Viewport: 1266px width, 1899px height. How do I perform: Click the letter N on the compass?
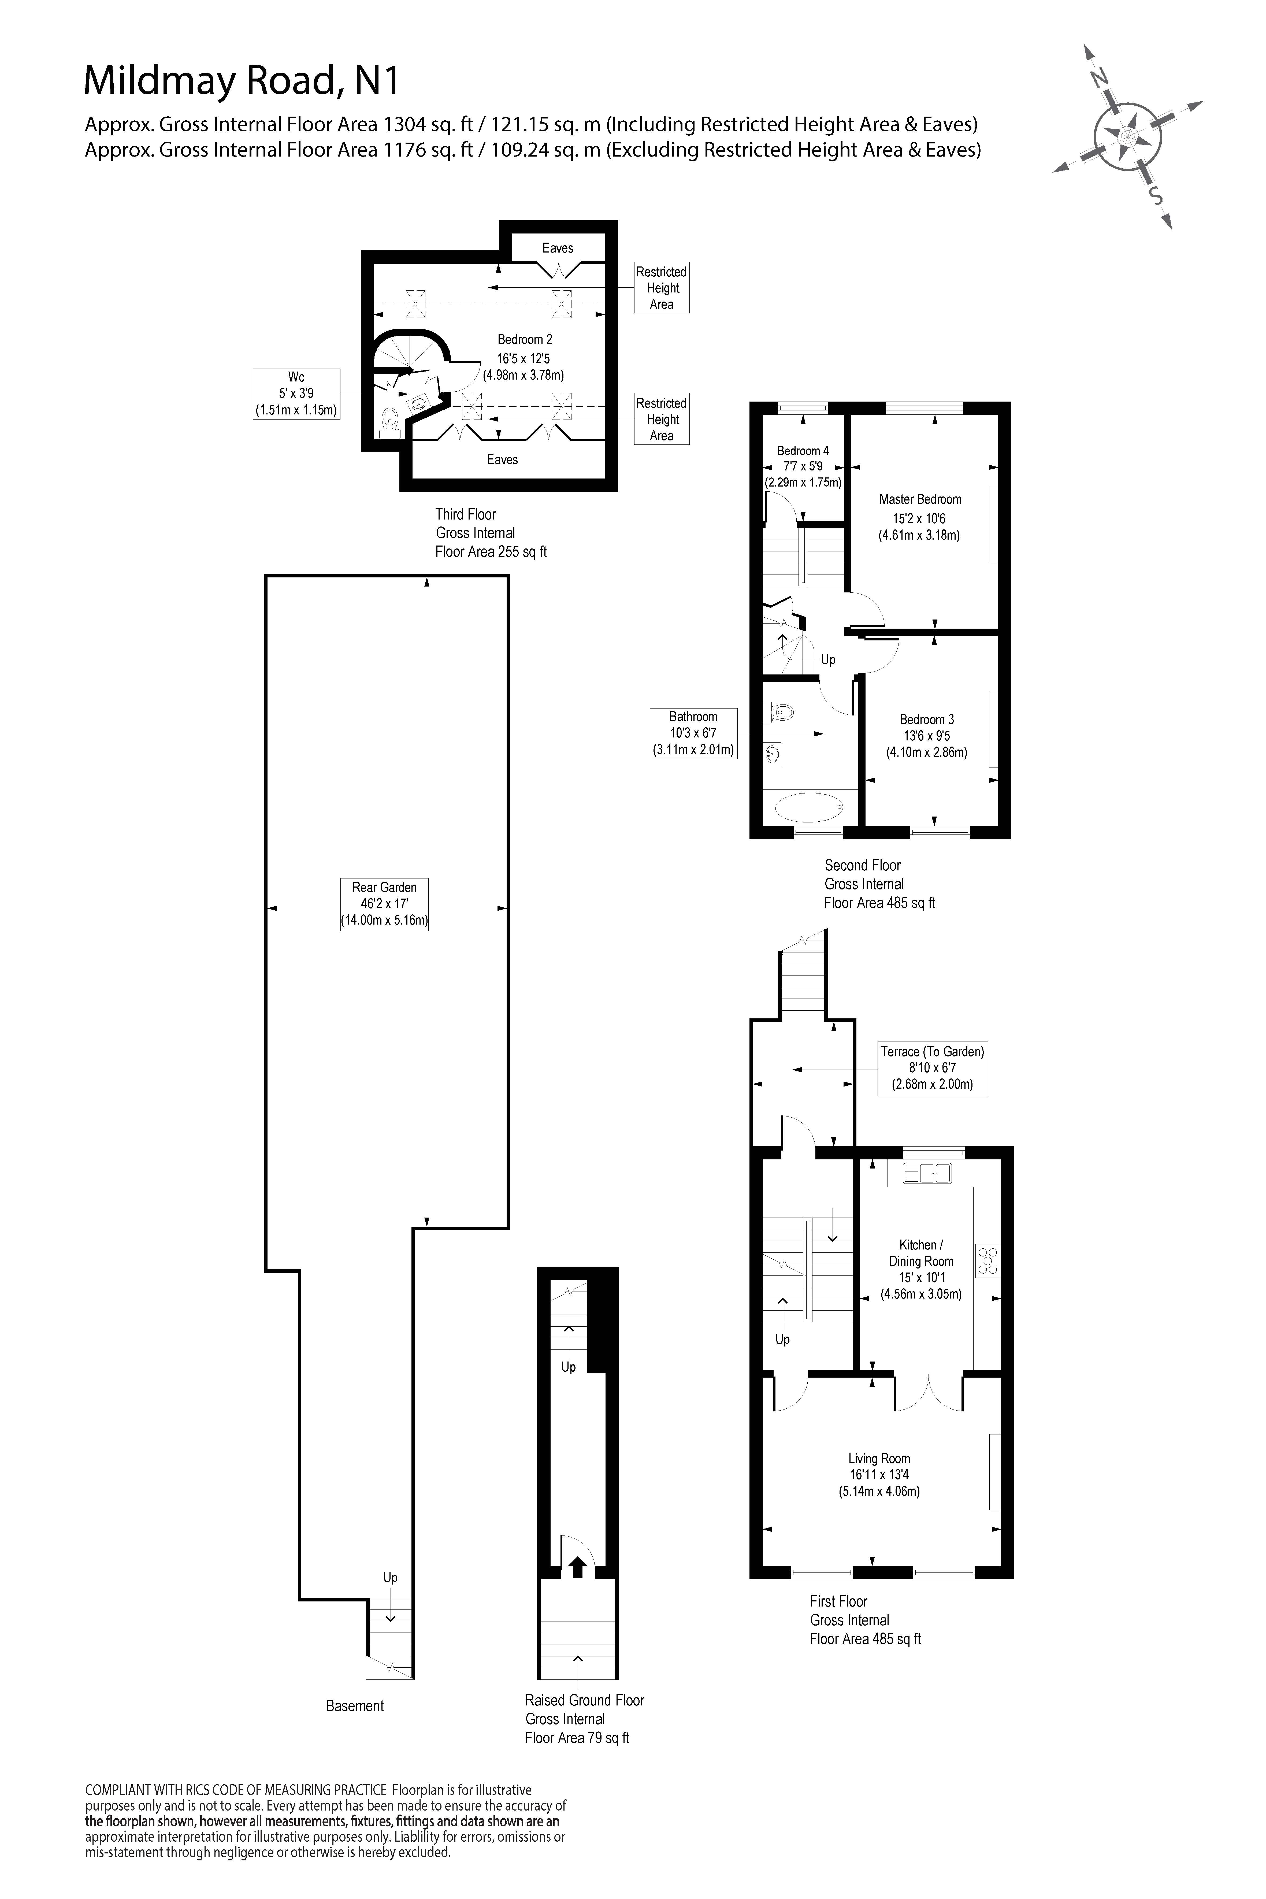[x=1098, y=77]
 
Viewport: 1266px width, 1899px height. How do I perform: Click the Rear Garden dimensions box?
[x=384, y=903]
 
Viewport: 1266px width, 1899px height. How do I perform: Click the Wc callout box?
[x=296, y=393]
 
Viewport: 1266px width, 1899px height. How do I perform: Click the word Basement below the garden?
[x=354, y=1706]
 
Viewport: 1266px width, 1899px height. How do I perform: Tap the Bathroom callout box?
[x=693, y=733]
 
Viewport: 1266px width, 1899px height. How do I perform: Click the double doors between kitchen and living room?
[x=928, y=1390]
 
